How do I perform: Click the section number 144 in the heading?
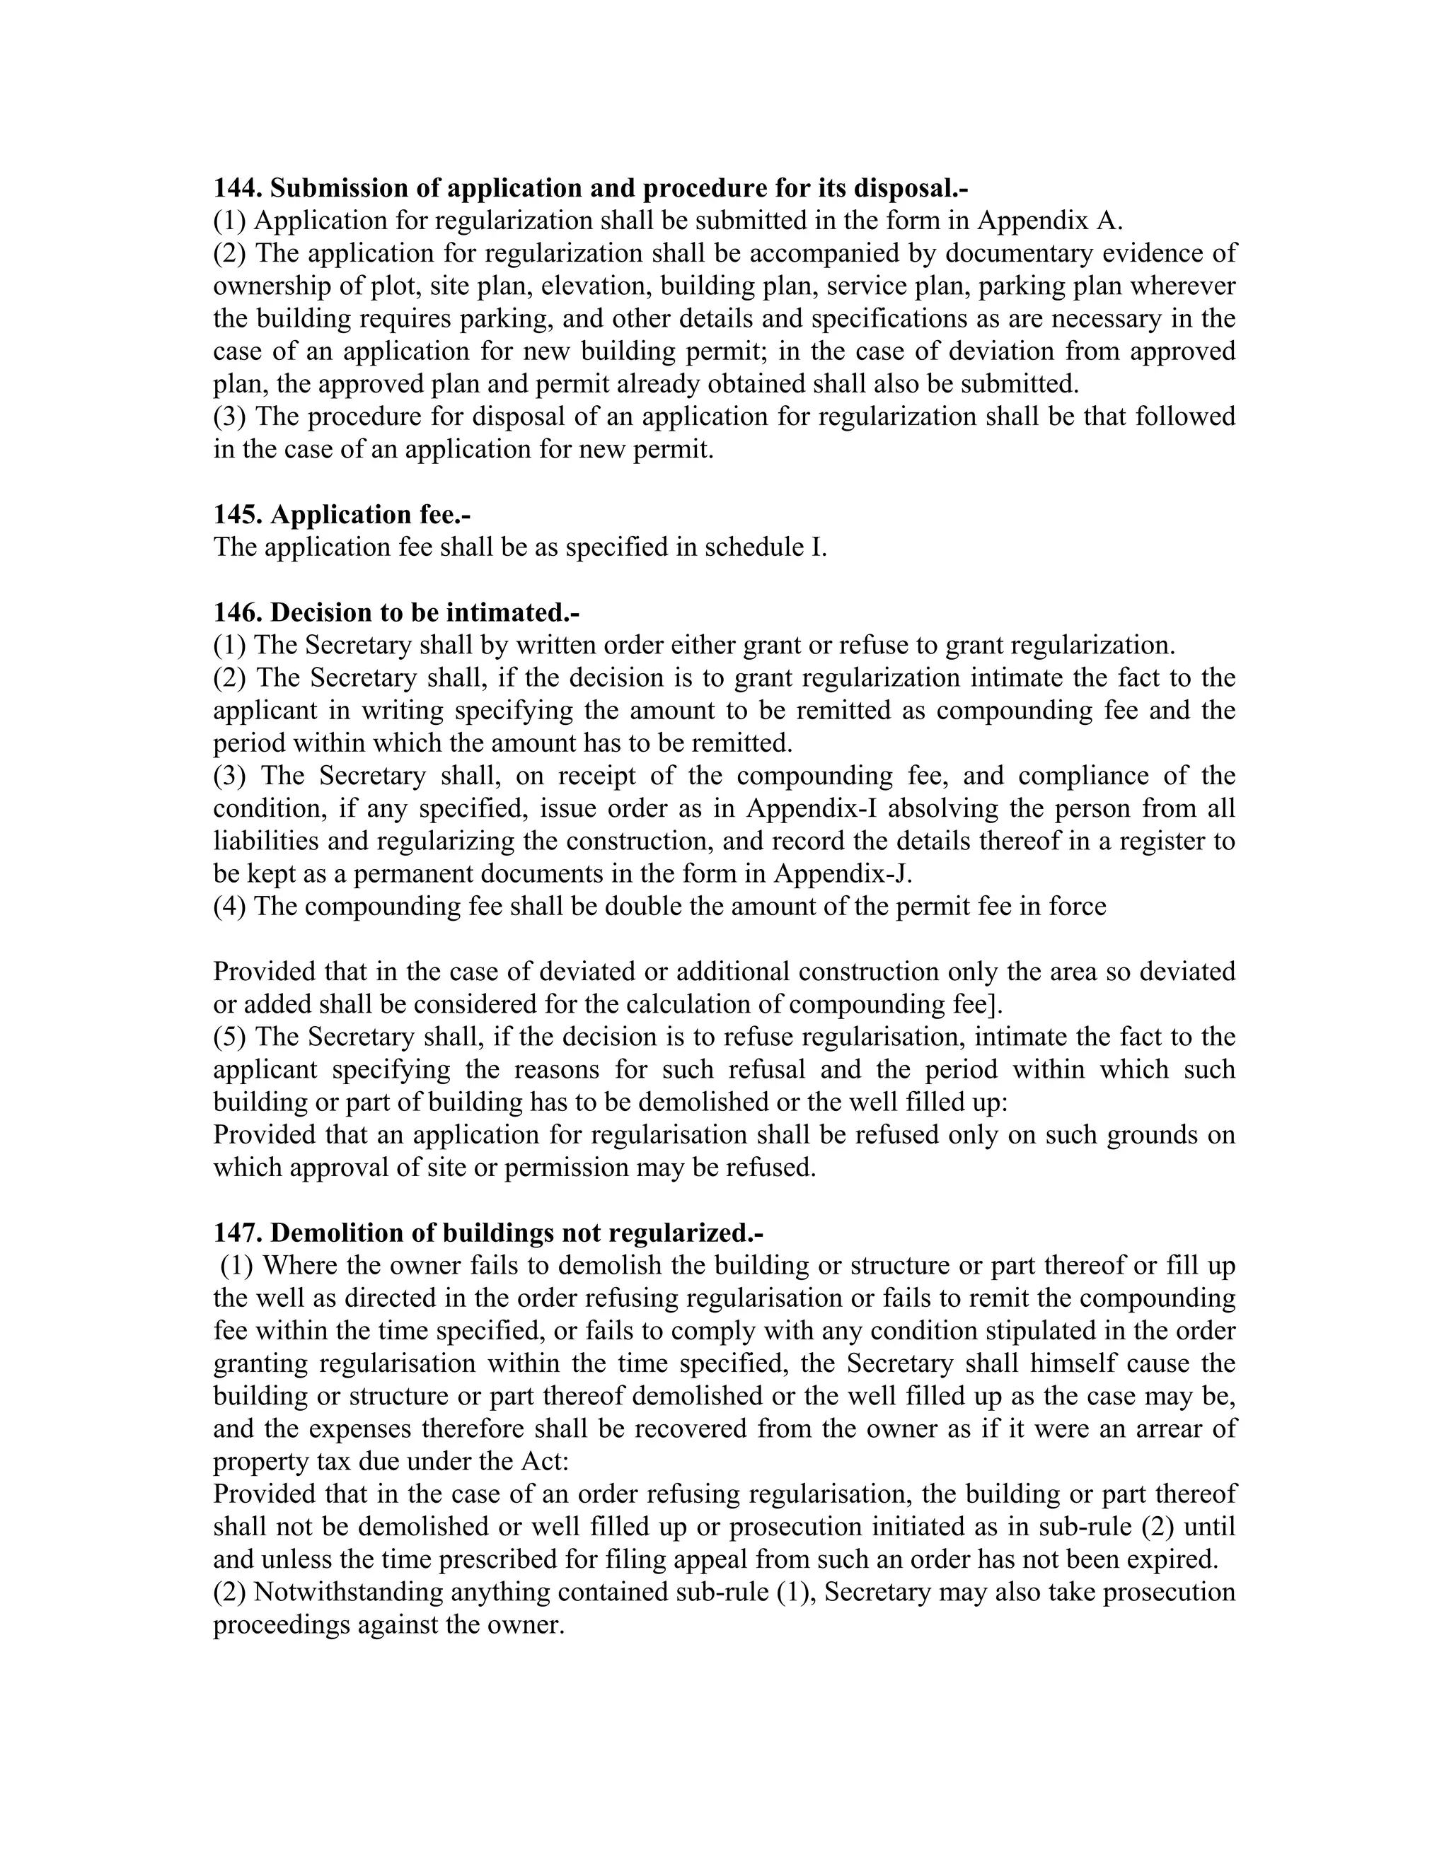[x=237, y=188]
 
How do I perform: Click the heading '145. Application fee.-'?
[x=342, y=514]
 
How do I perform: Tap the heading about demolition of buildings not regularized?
[x=487, y=1233]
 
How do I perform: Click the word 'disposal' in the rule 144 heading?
[x=901, y=188]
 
